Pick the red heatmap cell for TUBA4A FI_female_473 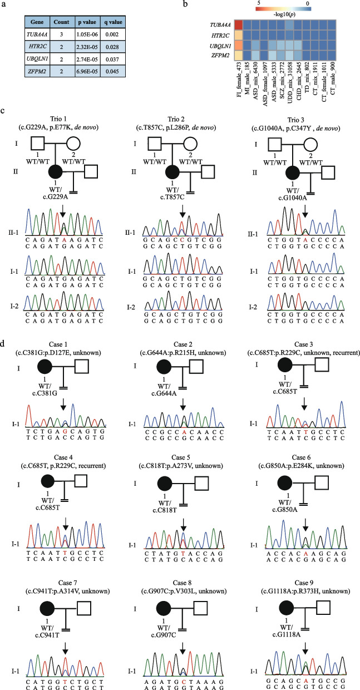(239, 24)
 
